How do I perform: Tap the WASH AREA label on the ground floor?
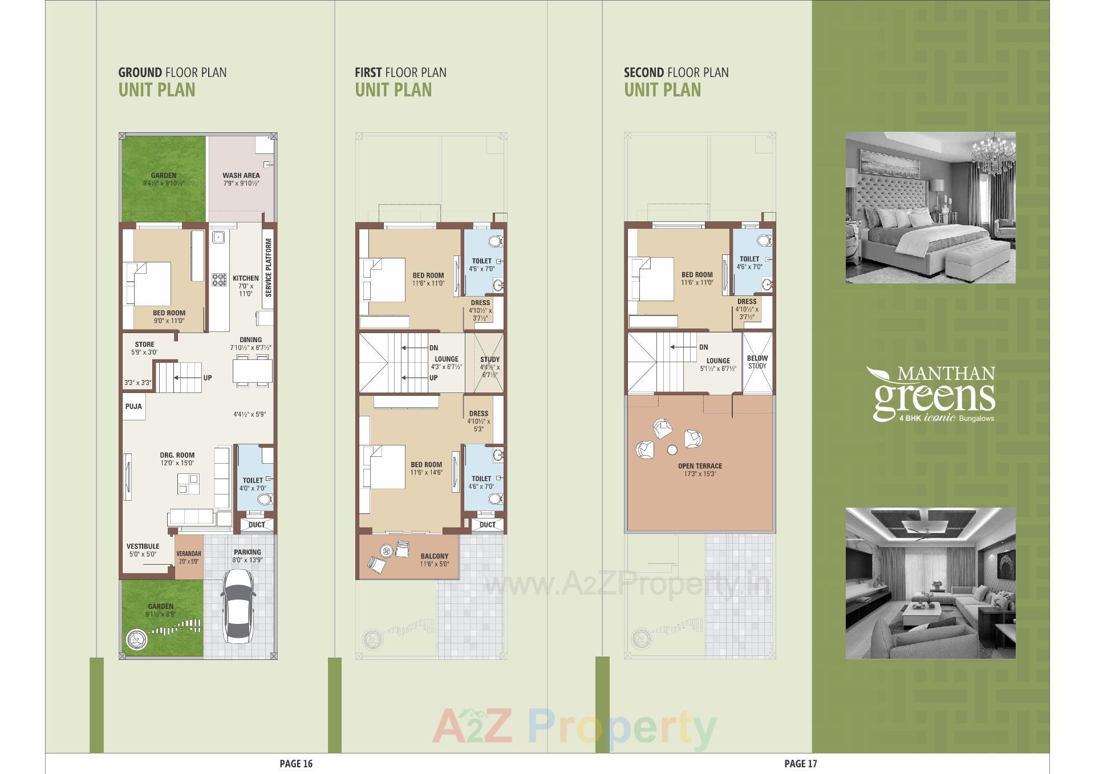point(241,176)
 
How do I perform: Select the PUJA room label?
point(133,407)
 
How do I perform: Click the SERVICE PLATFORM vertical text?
point(269,268)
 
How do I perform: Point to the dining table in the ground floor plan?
point(252,371)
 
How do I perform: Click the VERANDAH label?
point(189,554)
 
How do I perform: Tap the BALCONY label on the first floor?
point(435,556)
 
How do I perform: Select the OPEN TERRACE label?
point(700,466)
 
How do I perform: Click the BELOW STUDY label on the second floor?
point(757,362)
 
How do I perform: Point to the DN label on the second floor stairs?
point(704,347)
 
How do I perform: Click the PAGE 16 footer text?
point(296,764)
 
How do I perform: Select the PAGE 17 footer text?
point(801,764)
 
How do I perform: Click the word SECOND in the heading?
point(643,72)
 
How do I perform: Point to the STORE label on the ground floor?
point(144,345)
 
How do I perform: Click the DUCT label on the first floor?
point(487,525)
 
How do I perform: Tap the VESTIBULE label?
point(143,546)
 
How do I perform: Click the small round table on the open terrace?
point(672,449)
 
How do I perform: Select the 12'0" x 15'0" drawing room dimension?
point(177,463)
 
